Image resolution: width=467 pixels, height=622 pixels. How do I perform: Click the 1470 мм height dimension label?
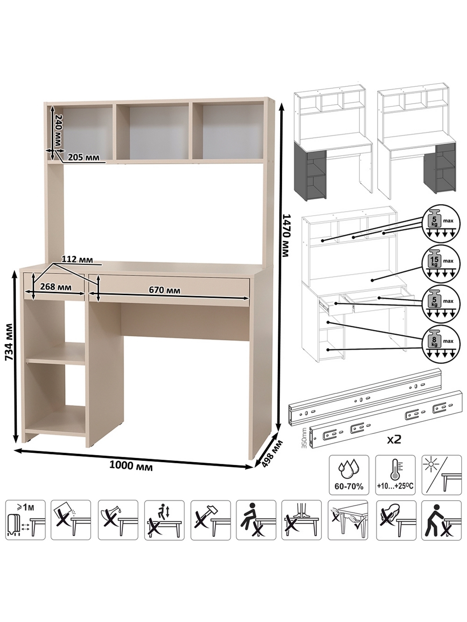287,236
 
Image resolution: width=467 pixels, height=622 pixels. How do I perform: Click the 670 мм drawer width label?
165,290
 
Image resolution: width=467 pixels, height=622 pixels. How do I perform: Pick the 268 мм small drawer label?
56,287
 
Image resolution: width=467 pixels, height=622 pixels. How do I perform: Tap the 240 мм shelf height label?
58,130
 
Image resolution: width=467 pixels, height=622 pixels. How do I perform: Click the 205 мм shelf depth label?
83,157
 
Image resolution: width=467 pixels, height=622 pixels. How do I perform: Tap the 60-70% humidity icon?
349,475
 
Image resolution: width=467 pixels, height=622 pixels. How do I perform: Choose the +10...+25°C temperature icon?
395,475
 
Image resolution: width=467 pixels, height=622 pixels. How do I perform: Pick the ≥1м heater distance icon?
26,520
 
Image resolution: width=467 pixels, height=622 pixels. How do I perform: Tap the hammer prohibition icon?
211,520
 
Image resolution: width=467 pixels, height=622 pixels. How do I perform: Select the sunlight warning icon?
441,475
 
